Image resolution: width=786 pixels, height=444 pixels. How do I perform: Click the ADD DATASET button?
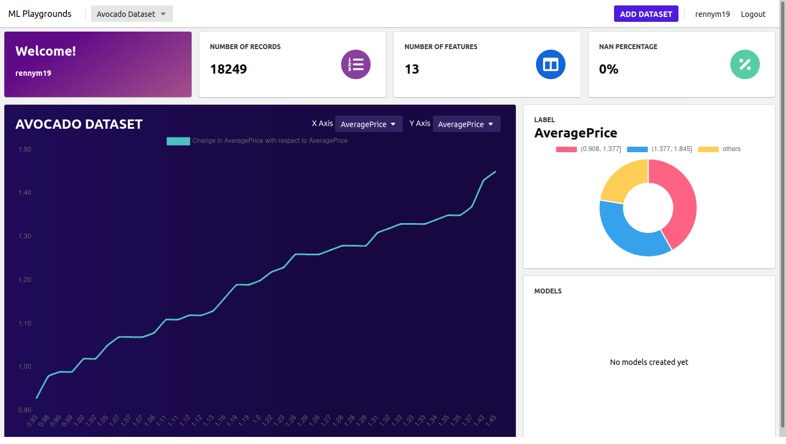click(646, 14)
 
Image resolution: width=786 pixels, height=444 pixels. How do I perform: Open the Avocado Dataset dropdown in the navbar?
click(132, 14)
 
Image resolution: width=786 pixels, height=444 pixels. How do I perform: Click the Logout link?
click(753, 14)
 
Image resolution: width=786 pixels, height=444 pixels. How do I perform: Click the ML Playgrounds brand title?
click(40, 14)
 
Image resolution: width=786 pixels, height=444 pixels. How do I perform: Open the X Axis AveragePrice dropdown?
click(368, 124)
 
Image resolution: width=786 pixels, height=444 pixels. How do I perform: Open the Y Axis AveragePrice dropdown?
click(466, 124)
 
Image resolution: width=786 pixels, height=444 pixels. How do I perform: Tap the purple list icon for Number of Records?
click(356, 64)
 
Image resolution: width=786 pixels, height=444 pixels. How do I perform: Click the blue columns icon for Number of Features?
click(550, 64)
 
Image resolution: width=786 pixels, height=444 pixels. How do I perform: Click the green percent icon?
click(745, 64)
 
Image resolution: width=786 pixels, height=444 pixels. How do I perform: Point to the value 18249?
click(228, 69)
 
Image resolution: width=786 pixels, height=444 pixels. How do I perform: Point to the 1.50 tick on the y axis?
click(25, 149)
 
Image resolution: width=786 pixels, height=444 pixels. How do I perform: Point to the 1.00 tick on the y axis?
click(25, 367)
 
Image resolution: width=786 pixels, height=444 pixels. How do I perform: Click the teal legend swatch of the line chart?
click(178, 141)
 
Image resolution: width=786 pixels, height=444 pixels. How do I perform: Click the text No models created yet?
click(648, 362)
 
